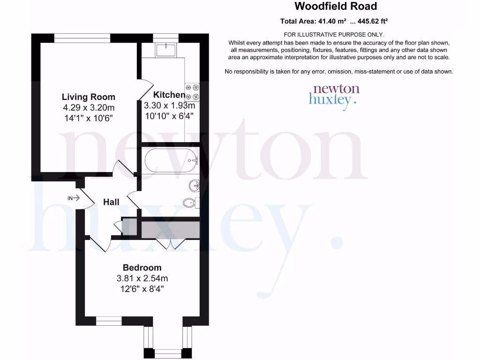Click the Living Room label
pyautogui.click(x=89, y=97)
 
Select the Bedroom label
pyautogui.click(x=142, y=268)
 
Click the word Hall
pyautogui.click(x=111, y=202)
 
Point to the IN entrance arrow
pyautogui.click(x=74, y=198)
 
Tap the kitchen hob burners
pyautogui.click(x=193, y=92)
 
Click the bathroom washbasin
pyautogui.click(x=195, y=187)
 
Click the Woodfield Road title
pyautogui.click(x=335, y=7)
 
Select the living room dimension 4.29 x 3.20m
pyautogui.click(x=89, y=108)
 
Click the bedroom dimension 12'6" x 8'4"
pyautogui.click(x=142, y=289)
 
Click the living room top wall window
pyautogui.click(x=82, y=38)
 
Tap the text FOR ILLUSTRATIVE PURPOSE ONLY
pyautogui.click(x=334, y=35)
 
